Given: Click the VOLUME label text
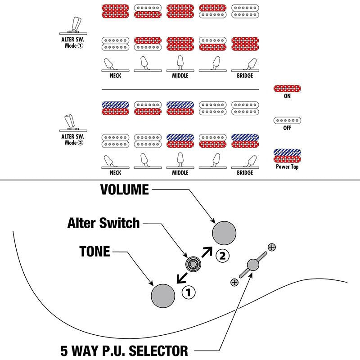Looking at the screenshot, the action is click(x=125, y=189).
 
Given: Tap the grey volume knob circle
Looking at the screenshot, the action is click(x=224, y=233).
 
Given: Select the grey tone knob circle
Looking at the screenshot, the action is click(x=163, y=296).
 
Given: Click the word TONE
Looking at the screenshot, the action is click(x=94, y=252).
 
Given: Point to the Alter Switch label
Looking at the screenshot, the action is click(x=103, y=223).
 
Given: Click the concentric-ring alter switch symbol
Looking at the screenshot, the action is click(x=193, y=264).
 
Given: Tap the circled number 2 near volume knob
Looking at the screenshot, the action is click(x=222, y=256).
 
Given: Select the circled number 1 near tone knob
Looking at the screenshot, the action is click(x=189, y=292).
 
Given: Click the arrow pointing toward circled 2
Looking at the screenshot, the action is click(x=207, y=252).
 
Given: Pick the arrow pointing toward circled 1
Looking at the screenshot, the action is click(x=182, y=278).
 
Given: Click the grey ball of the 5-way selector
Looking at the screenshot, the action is click(x=253, y=265).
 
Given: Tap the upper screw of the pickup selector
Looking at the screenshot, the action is click(x=272, y=247).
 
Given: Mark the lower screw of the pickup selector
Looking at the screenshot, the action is click(x=234, y=282).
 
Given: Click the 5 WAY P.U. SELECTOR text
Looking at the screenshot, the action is click(x=124, y=351).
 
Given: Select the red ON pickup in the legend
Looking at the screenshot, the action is click(x=287, y=88).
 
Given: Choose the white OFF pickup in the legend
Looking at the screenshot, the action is click(x=287, y=120).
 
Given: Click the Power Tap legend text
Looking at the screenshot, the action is click(x=287, y=166).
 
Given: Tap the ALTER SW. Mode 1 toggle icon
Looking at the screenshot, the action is click(x=73, y=26).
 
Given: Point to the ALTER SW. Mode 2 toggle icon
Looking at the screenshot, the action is click(x=73, y=123).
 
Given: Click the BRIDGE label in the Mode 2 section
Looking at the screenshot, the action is click(x=245, y=173).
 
